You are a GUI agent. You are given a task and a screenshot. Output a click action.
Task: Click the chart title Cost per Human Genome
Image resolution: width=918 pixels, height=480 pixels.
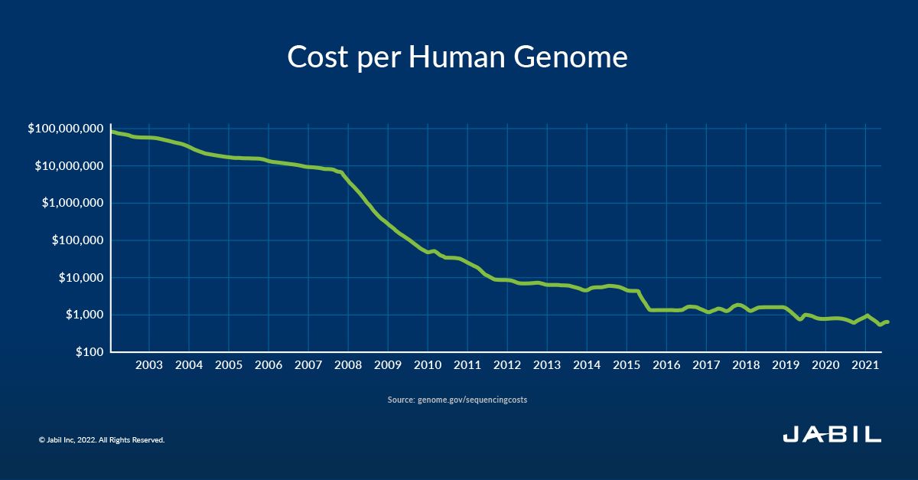pyautogui.click(x=457, y=57)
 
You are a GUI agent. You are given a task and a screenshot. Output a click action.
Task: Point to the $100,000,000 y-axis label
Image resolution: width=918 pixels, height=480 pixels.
pyautogui.click(x=65, y=129)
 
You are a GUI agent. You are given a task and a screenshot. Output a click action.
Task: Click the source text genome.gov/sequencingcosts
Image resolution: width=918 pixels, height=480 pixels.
pyautogui.click(x=471, y=400)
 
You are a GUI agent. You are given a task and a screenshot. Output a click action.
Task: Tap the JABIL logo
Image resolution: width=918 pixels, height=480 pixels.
pyautogui.click(x=832, y=436)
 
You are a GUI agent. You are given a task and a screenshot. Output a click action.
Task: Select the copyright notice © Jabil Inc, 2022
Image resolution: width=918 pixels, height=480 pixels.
pyautogui.click(x=102, y=440)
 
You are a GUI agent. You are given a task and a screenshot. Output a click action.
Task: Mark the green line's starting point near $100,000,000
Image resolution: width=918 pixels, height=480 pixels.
pyautogui.click(x=112, y=132)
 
